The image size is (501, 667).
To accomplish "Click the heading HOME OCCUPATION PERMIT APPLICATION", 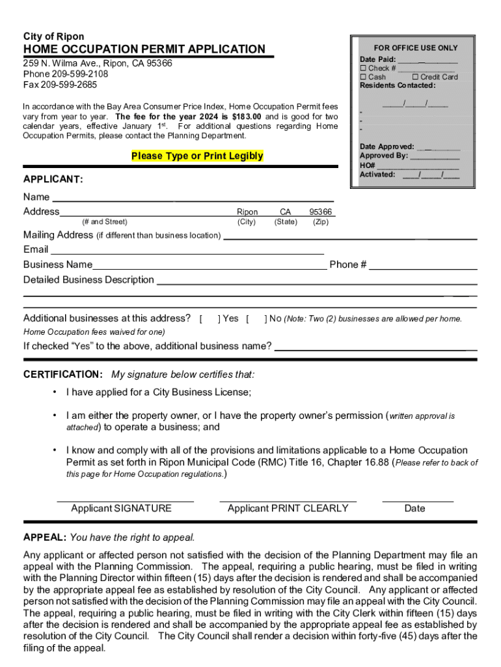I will (x=144, y=50).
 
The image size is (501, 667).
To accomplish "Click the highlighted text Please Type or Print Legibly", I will (x=197, y=156).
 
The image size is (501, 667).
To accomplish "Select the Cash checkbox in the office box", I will (x=364, y=77).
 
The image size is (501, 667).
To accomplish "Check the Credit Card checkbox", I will (x=415, y=77).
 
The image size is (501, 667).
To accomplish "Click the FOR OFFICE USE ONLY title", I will (x=416, y=48).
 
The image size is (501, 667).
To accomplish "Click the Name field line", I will (x=193, y=199).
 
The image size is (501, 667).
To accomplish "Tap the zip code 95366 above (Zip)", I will (x=320, y=212).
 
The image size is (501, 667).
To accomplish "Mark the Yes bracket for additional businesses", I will (x=210, y=319).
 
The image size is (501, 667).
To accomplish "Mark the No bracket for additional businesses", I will (x=256, y=319).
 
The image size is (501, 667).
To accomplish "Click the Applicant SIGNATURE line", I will (x=125, y=500).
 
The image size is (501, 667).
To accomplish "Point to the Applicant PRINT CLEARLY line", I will (x=288, y=500).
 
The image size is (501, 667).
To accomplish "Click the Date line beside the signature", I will (x=418, y=500).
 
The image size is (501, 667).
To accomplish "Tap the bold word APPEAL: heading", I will (x=44, y=537).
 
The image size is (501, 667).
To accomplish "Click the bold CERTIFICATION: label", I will (x=62, y=375).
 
